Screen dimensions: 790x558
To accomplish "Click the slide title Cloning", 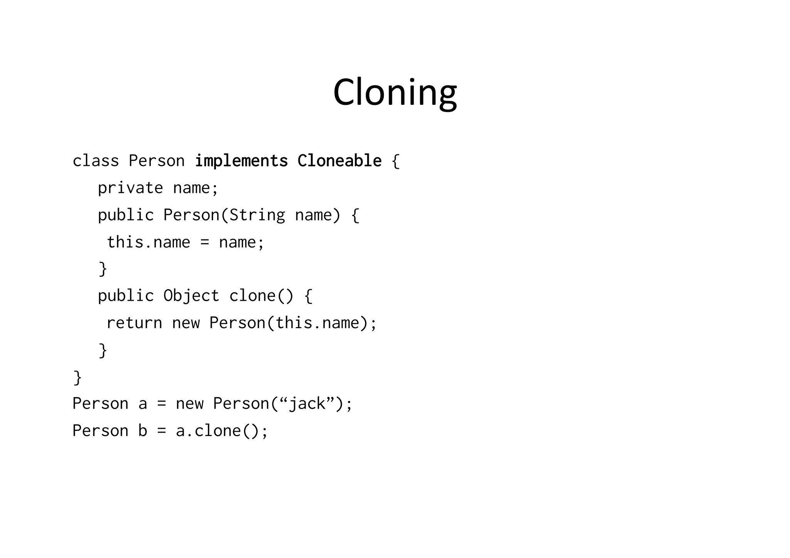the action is click(395, 93).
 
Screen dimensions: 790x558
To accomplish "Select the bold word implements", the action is click(241, 161).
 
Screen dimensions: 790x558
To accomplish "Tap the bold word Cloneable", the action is click(339, 161).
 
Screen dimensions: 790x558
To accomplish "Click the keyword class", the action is click(96, 161).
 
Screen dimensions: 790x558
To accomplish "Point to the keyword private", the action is click(130, 188).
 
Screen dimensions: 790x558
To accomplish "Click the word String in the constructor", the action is click(257, 215).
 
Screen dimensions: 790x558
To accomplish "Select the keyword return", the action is click(134, 323).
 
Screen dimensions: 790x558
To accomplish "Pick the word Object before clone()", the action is click(191, 296).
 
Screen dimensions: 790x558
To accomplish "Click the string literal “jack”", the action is click(307, 404).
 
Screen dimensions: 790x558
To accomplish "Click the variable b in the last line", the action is click(143, 431).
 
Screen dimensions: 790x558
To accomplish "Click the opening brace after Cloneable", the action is click(395, 161).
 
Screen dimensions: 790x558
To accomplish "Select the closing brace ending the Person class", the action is click(77, 378).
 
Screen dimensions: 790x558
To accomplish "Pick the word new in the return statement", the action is click(186, 323).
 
